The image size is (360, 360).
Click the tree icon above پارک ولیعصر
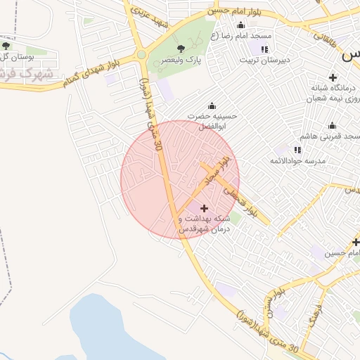click(181, 49)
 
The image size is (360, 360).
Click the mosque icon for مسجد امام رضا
click(240, 25)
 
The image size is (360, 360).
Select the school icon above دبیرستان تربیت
click(264, 49)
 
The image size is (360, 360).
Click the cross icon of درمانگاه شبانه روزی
click(333, 77)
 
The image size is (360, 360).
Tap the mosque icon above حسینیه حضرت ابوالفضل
click(212, 105)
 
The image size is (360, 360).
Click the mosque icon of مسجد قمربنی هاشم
click(332, 125)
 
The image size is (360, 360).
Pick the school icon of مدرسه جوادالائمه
click(297, 150)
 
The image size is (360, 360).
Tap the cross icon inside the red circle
click(205, 208)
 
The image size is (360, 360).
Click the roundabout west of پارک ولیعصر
click(141, 54)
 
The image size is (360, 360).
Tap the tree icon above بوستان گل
click(6, 46)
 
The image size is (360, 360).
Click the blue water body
click(120, 330)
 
